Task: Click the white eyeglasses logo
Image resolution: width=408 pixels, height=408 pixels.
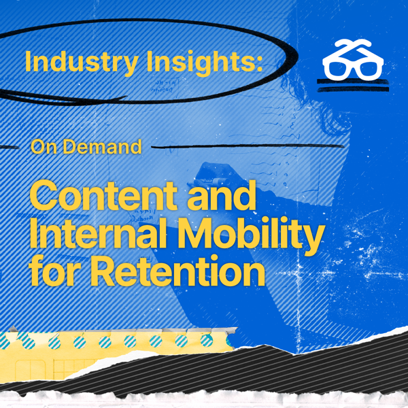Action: coord(352,60)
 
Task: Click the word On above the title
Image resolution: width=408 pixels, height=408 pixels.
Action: coord(44,147)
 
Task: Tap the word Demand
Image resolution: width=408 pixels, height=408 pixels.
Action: coord(102,147)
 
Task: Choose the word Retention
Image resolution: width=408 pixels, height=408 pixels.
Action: coord(177,271)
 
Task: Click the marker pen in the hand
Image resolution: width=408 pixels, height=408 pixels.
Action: coord(212,181)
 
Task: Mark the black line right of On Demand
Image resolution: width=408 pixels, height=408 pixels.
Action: coord(248,146)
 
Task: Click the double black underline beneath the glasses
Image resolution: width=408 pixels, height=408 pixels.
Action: coord(353,86)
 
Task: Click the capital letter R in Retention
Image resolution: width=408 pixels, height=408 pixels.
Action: coord(103,270)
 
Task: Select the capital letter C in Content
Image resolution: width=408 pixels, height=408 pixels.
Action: coord(44,196)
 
